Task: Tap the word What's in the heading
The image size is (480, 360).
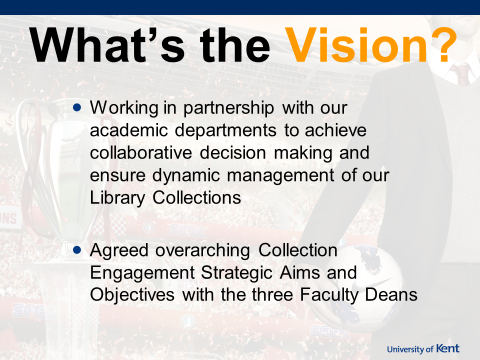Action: point(107,45)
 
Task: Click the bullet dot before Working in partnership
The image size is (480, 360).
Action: point(77,107)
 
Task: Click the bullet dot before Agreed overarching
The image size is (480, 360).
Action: point(77,250)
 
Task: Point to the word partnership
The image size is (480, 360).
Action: point(228,108)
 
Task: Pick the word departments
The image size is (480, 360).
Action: point(226,130)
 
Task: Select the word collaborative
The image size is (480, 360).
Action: point(141,152)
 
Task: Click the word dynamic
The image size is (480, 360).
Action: point(186,175)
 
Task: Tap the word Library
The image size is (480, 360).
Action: point(117,198)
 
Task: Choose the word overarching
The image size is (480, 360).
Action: point(202,250)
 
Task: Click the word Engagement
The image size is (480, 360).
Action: point(142,273)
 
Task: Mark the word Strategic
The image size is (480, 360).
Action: point(236,273)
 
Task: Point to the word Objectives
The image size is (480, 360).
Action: point(132,295)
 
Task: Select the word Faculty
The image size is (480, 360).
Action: point(329,295)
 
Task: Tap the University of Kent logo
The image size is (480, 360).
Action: point(423,348)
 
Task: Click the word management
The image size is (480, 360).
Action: point(280,175)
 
